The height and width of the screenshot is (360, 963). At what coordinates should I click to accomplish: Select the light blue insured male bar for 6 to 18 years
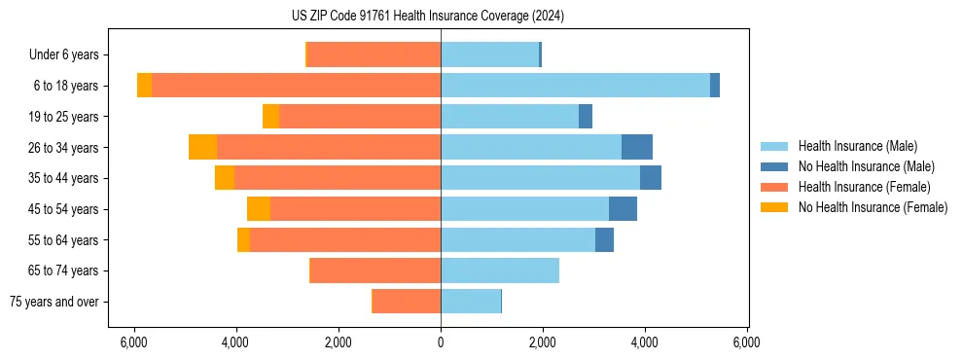575,86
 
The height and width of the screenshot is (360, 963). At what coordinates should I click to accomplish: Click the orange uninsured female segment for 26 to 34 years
202,147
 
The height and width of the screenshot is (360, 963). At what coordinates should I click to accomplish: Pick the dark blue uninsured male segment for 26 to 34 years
637,147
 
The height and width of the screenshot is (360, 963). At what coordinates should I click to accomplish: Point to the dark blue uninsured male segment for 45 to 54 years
623,208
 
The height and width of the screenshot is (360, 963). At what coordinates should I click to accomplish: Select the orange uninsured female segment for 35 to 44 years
225,178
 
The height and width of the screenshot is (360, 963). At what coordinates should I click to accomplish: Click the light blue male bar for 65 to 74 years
500,270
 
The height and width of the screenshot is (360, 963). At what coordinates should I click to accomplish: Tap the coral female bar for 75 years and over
407,302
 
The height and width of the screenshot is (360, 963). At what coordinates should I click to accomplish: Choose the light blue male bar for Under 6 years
489,54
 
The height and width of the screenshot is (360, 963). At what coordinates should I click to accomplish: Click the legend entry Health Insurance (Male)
857,146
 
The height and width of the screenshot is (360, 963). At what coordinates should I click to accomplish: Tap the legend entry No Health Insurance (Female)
873,207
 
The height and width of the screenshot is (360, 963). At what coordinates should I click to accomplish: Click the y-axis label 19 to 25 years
64,117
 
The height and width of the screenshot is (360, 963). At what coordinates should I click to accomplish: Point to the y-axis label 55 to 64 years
64,240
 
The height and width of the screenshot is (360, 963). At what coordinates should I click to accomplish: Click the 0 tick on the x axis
441,342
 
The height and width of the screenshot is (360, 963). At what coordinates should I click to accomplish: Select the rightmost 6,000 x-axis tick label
747,342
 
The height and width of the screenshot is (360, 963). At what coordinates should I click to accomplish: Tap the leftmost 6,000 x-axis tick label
134,342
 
